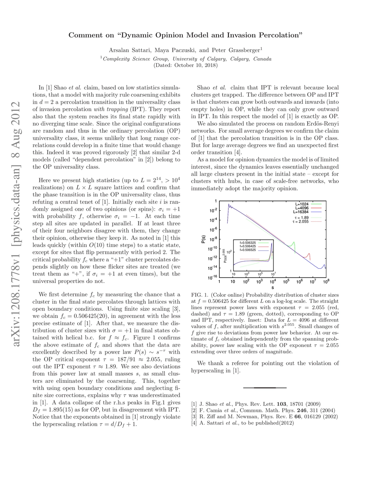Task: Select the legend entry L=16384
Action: (302, 212)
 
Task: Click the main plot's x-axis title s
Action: (272, 287)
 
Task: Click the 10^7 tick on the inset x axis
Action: (273, 274)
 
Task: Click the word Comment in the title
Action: (84, 35)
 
